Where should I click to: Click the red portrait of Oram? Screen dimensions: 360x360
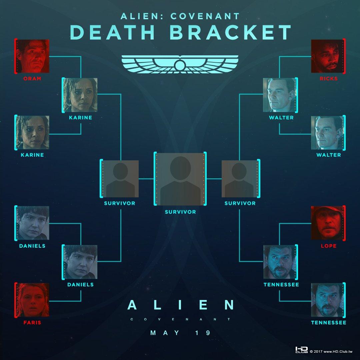click(x=33, y=56)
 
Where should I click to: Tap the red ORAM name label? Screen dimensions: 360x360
click(x=32, y=79)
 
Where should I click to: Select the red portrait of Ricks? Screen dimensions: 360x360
click(x=327, y=56)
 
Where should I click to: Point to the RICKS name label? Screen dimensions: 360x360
click(x=328, y=79)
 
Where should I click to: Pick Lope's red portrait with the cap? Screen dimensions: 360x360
click(x=327, y=223)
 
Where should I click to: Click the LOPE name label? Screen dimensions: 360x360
click(x=328, y=246)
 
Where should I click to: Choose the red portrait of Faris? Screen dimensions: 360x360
click(x=33, y=299)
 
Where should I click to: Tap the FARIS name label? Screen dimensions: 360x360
click(x=32, y=323)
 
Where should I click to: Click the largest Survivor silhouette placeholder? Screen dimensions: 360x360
click(x=180, y=179)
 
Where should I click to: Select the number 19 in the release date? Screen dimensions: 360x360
click(x=204, y=333)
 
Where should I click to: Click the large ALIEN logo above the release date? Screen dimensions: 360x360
click(x=180, y=305)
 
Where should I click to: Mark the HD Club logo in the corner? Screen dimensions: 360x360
click(x=301, y=350)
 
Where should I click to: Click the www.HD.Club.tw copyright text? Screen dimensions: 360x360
click(x=336, y=351)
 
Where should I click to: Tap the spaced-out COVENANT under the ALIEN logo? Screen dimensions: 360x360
click(x=180, y=319)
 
